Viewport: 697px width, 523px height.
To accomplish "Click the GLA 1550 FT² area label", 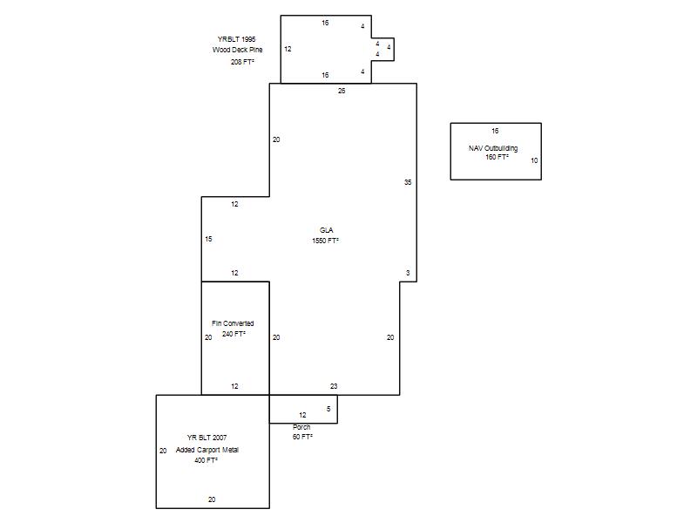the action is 325,235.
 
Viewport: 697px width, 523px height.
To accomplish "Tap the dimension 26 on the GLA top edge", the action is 342,91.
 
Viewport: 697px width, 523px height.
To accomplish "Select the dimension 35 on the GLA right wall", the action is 408,182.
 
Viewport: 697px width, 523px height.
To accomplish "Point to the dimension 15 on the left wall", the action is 208,239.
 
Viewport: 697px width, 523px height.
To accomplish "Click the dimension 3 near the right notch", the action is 408,273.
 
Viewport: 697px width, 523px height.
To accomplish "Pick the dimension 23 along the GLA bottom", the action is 334,386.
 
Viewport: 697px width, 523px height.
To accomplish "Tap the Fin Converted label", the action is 233,323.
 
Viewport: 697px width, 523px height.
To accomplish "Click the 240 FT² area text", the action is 233,334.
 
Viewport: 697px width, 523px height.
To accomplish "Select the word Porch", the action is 301,427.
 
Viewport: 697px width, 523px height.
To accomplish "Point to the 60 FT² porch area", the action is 302,438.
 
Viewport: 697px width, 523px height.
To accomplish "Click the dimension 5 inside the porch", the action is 328,409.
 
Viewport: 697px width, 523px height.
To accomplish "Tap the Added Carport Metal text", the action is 207,450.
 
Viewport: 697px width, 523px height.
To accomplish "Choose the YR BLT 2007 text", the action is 206,438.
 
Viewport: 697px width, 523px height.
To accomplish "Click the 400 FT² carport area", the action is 206,461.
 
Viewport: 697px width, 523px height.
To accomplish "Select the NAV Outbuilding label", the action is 493,148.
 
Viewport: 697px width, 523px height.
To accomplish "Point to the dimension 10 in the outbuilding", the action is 534,160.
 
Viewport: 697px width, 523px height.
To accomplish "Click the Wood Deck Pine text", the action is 237,50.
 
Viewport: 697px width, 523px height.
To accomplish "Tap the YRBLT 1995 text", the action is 236,39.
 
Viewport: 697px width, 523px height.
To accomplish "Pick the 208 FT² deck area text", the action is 242,62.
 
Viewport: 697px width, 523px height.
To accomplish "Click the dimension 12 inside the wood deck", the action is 288,49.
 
